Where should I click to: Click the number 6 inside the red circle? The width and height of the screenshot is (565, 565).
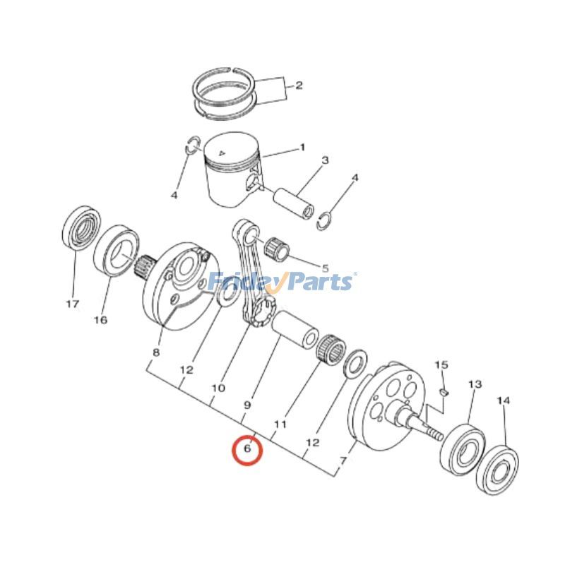(247, 449)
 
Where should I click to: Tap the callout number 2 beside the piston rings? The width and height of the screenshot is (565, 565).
(298, 85)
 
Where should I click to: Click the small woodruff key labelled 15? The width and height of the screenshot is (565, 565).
(444, 389)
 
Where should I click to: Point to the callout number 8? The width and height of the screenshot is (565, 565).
(156, 352)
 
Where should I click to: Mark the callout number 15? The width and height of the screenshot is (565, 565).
(441, 365)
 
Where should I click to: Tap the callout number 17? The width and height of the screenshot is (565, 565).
(72, 304)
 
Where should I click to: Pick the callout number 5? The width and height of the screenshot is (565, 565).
(325, 268)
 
